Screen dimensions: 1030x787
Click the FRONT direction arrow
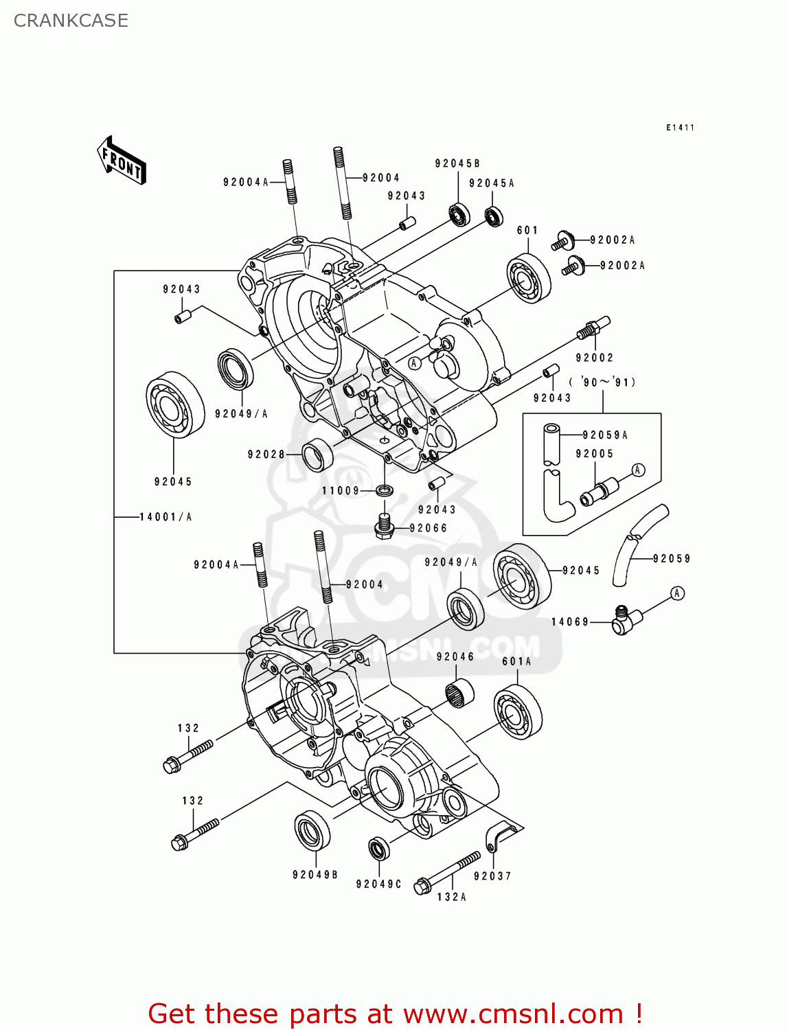122,161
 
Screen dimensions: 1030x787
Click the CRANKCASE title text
71,21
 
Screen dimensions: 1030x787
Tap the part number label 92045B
457,163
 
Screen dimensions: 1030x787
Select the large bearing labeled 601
529,278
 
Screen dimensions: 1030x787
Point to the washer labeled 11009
385,490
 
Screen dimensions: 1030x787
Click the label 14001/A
166,517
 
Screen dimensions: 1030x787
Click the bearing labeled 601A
518,711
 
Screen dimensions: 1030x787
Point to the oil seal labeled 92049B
312,829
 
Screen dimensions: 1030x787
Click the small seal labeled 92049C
378,849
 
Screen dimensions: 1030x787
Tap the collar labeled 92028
317,454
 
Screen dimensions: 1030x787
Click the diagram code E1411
680,128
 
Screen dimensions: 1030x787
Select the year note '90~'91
602,382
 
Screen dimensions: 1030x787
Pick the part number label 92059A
605,435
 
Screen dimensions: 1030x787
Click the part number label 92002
595,358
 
